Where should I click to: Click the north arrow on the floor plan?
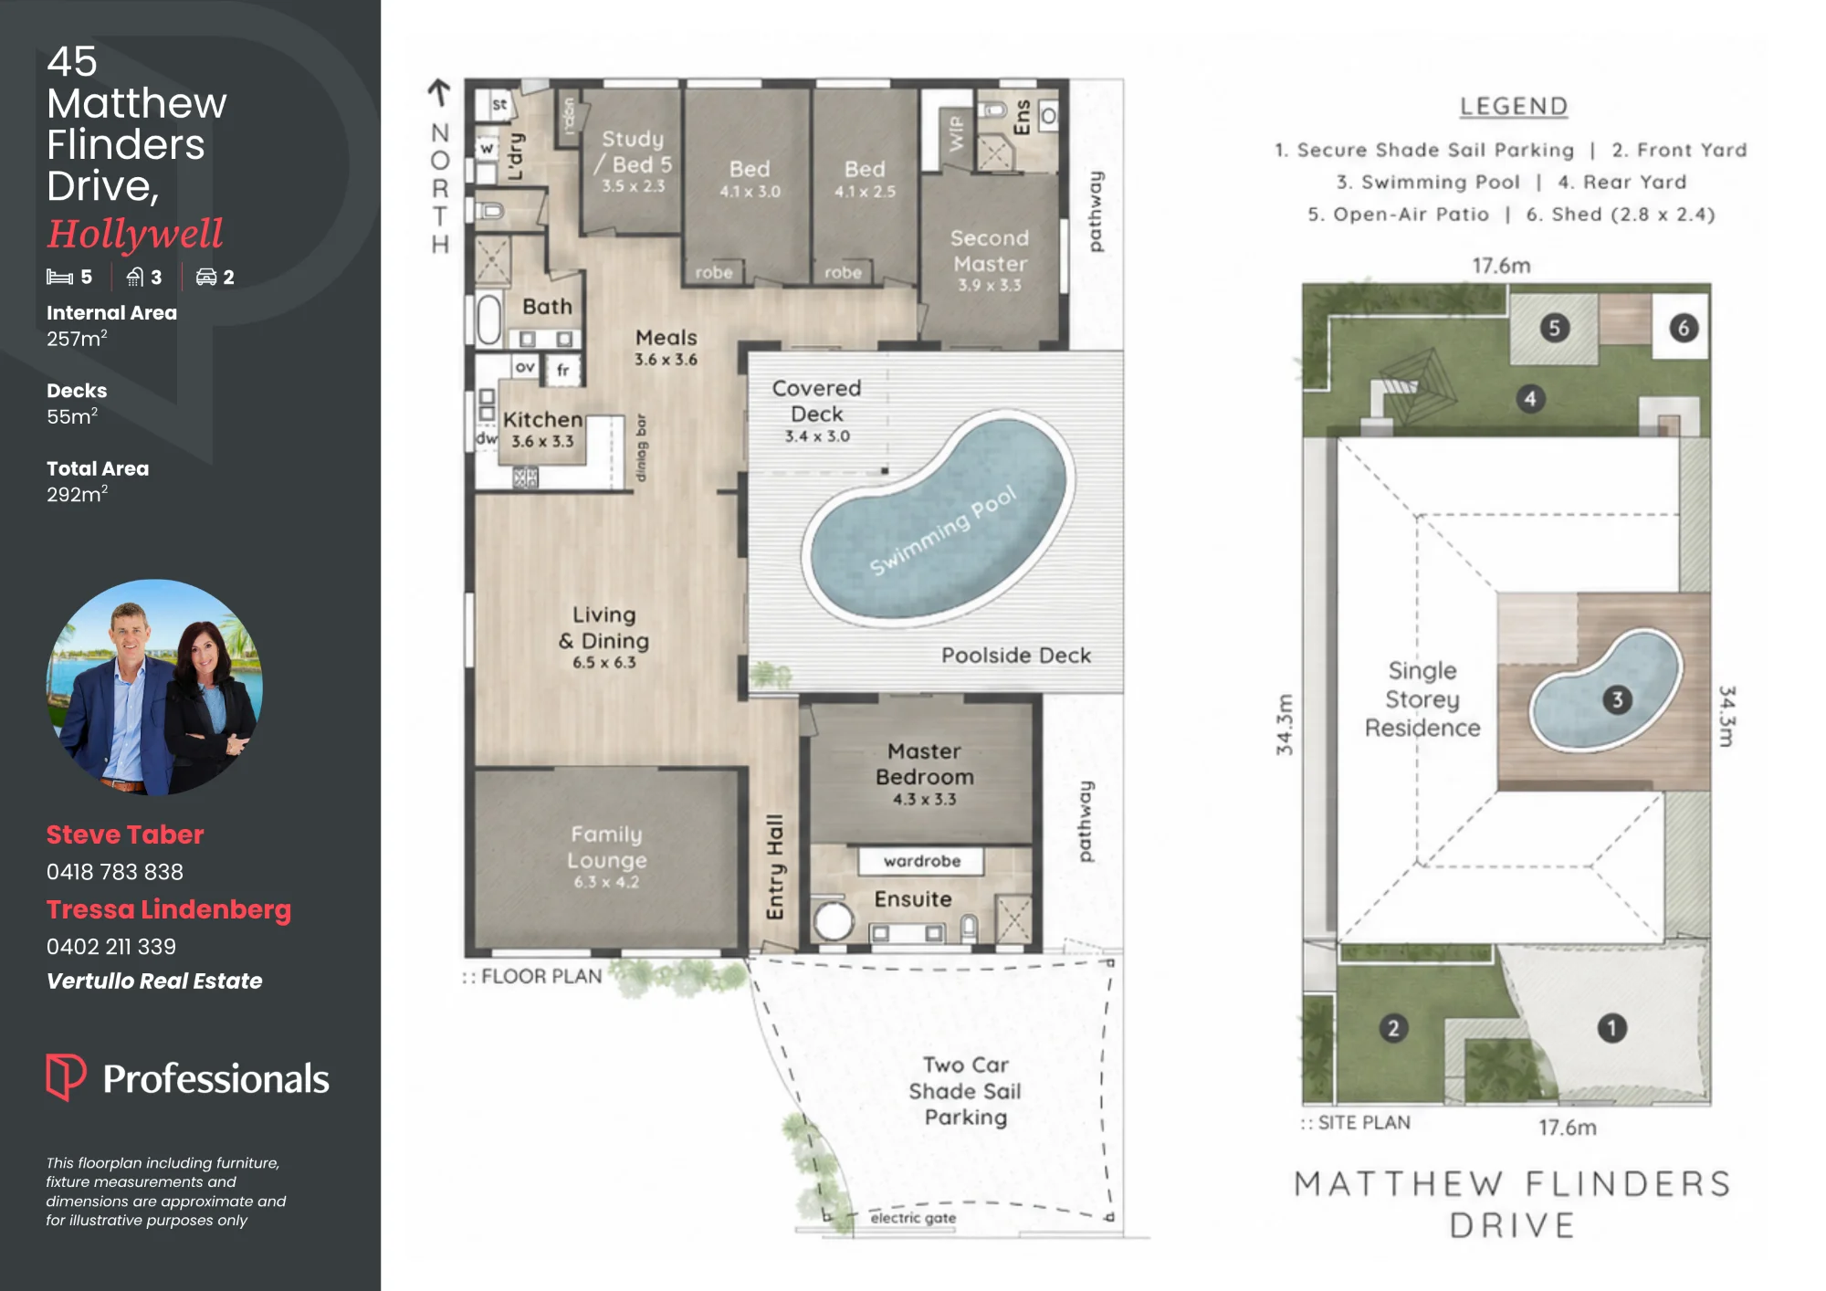point(439,91)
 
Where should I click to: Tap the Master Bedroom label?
point(925,764)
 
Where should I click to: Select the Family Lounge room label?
point(606,847)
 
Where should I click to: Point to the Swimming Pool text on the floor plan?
point(942,530)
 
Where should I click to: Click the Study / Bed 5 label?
point(634,151)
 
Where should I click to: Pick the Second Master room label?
point(990,250)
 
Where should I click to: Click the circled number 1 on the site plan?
point(1612,1028)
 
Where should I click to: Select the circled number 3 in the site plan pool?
point(1618,699)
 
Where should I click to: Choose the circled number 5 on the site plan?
point(1555,328)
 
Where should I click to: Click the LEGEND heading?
point(1513,107)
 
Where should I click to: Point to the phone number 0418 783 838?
point(115,872)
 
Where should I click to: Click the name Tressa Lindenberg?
point(169,909)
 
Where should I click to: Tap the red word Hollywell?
point(135,234)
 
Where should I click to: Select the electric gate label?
point(913,1217)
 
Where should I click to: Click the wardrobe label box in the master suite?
point(922,861)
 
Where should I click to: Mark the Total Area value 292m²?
point(78,494)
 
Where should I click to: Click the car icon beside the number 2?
point(206,277)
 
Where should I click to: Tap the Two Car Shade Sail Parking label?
point(965,1091)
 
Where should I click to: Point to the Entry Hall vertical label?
point(774,866)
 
